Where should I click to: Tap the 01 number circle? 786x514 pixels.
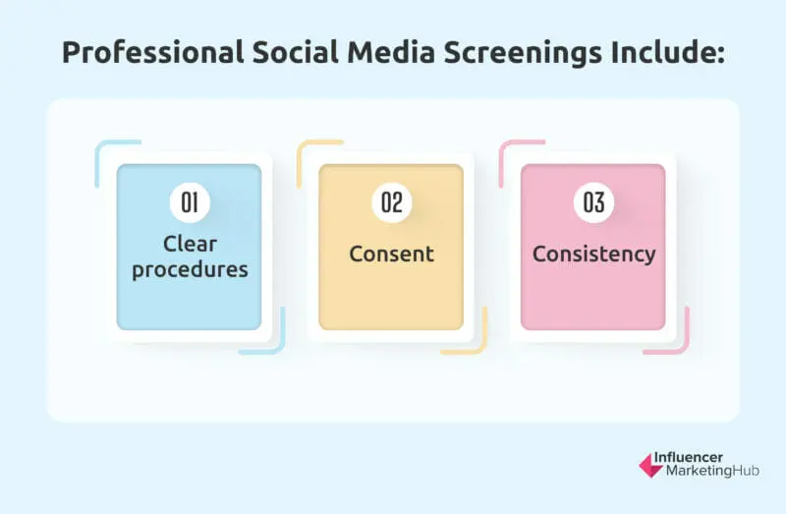189,203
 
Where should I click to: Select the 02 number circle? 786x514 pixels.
391,203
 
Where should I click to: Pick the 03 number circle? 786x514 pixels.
592,203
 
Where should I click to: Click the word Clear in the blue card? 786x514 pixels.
190,242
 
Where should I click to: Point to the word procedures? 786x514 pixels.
190,267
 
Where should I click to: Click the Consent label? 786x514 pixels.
391,254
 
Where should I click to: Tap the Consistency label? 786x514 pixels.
593,254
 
